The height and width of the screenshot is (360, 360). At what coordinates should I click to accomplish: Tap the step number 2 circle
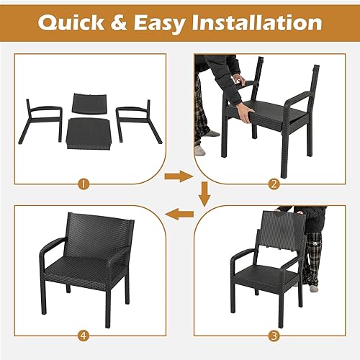click(273, 183)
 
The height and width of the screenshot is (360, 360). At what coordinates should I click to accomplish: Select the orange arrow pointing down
click(204, 193)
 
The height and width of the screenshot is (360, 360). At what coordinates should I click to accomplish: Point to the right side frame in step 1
click(133, 119)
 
